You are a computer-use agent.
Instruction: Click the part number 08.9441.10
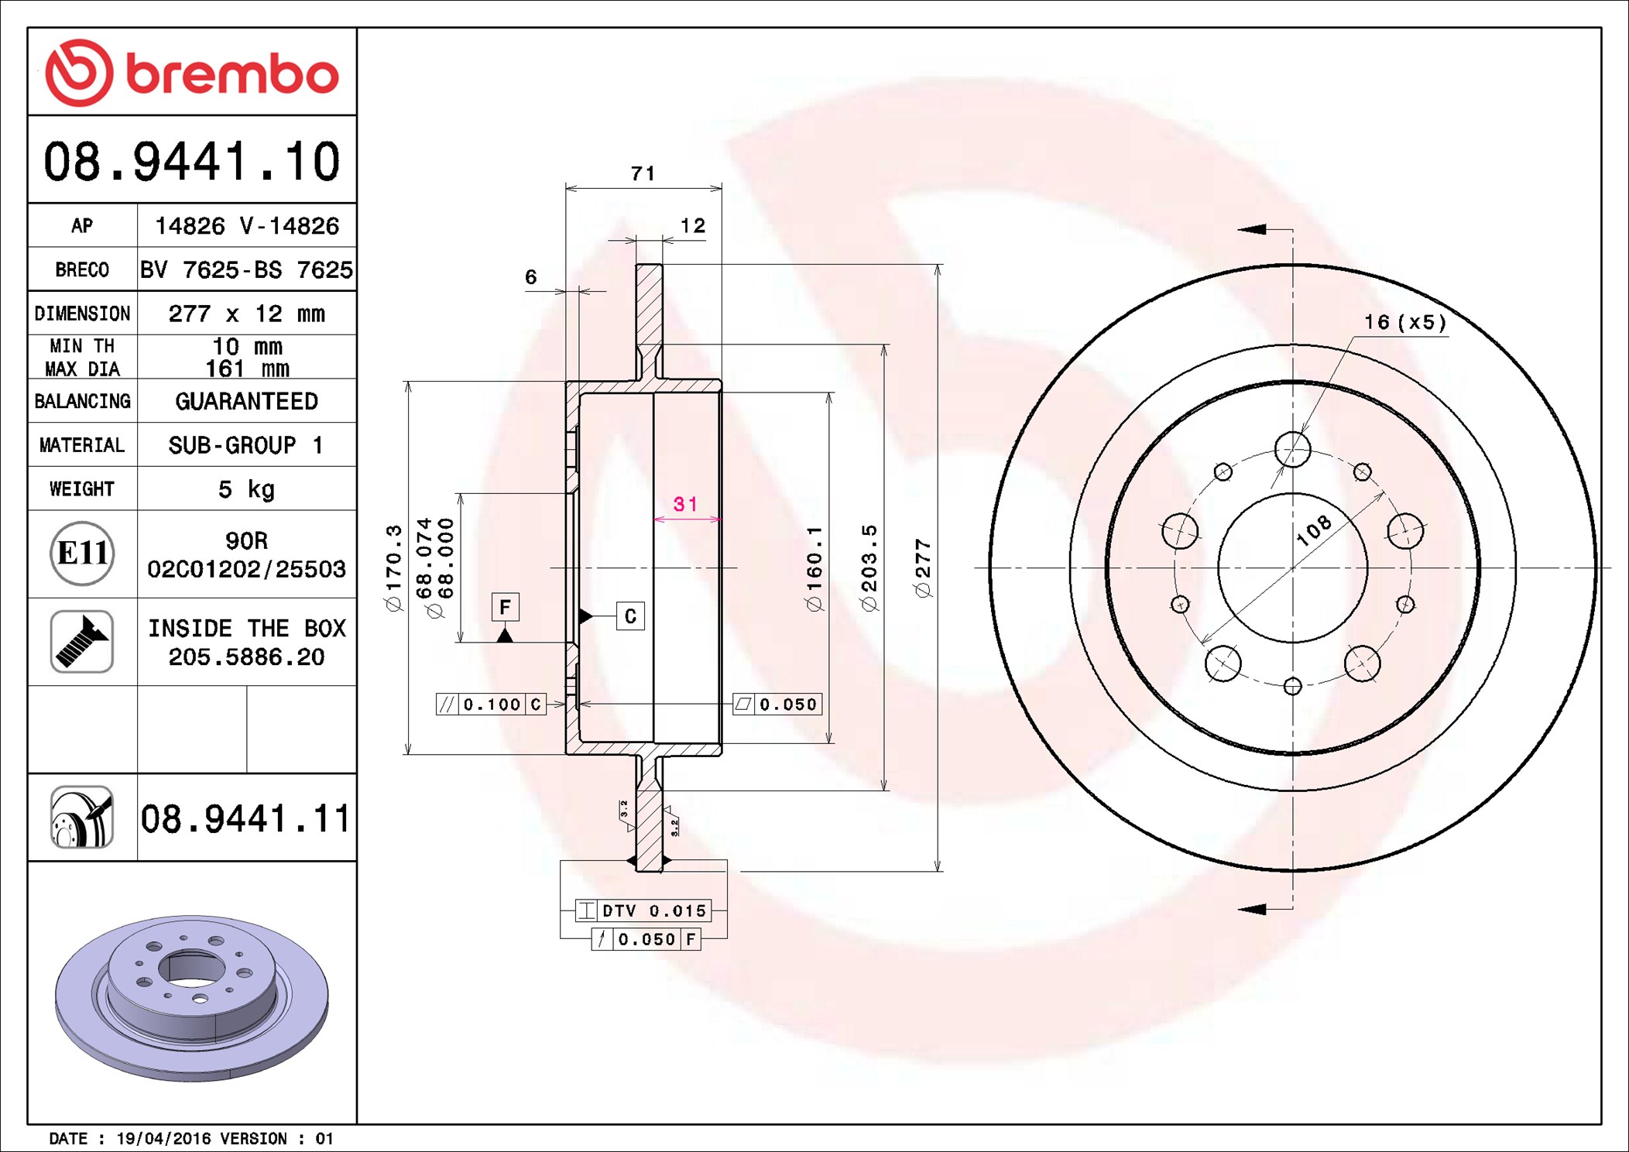click(192, 162)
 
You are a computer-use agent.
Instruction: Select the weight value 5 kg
click(246, 489)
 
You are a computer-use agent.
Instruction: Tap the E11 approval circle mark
click(82, 553)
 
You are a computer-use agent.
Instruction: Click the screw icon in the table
click(82, 641)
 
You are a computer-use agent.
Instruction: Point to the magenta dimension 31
click(686, 504)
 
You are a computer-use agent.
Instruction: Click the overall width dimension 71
click(643, 173)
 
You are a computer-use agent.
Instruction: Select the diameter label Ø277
click(923, 568)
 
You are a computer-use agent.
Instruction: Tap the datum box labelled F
click(506, 607)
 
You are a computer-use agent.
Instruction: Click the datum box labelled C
click(630, 616)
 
